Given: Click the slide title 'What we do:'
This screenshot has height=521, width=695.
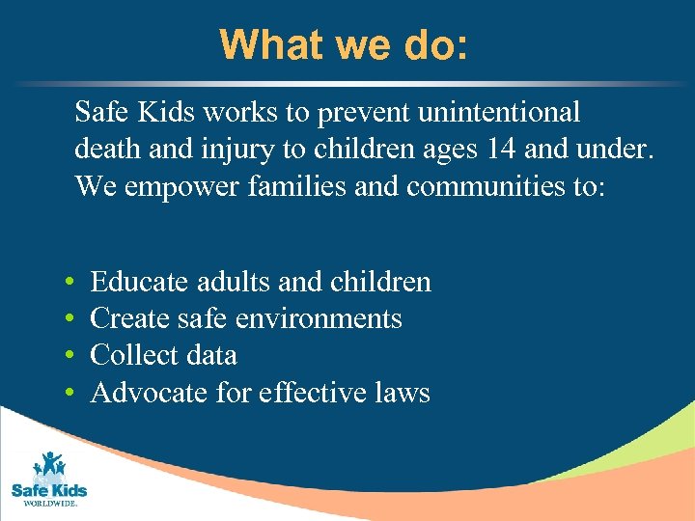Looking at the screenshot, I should coord(344,43).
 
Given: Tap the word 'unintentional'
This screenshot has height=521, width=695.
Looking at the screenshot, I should coord(499,113).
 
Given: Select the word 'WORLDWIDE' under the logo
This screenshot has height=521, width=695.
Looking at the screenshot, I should coord(49,503).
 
